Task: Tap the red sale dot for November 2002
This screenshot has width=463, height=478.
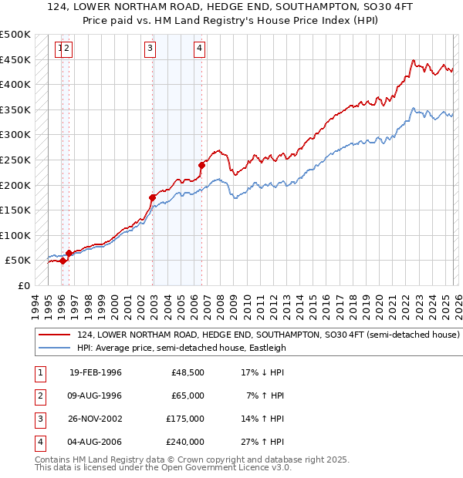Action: coord(153,197)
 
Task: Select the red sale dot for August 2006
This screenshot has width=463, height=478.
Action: coord(201,165)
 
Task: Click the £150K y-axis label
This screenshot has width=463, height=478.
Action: coord(15,210)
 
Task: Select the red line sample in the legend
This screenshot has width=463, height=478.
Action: coord(55,335)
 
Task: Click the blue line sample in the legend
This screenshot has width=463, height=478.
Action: coord(55,348)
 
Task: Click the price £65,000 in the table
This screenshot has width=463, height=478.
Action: coord(188,395)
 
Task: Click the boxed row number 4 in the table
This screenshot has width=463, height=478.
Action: coord(39,443)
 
